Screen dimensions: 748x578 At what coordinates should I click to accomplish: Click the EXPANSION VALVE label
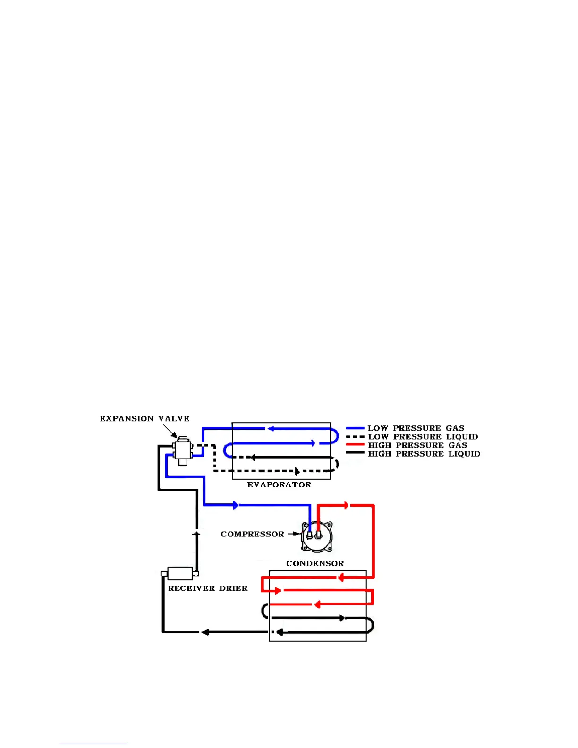tap(144, 419)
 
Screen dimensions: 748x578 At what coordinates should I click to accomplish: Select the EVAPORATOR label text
tap(279, 485)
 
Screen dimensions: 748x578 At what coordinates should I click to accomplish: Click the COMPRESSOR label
tap(252, 534)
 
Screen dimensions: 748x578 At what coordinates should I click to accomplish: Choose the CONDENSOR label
tap(315, 563)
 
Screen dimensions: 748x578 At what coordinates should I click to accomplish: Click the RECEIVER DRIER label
tap(208, 588)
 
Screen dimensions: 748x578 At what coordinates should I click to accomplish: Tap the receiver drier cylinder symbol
tap(180, 573)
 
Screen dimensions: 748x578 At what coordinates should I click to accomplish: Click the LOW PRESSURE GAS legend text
tap(416, 428)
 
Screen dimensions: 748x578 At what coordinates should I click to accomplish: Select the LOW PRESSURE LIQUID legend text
tap(423, 437)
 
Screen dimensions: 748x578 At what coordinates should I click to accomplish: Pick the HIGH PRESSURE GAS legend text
tap(417, 445)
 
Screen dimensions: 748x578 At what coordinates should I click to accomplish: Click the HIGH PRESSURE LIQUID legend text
tap(424, 454)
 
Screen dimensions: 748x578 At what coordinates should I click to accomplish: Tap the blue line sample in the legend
tap(355, 428)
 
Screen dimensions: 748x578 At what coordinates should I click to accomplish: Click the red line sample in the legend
tap(355, 445)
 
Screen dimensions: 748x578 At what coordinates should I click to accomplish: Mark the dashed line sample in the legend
tap(355, 437)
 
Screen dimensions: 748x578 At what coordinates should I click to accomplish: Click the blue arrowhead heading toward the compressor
tap(236, 505)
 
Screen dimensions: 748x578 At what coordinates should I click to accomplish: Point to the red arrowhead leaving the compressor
tap(347, 505)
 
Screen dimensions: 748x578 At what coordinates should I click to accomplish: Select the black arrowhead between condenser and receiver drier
tap(205, 632)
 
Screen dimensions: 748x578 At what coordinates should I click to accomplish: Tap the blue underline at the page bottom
tap(93, 744)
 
